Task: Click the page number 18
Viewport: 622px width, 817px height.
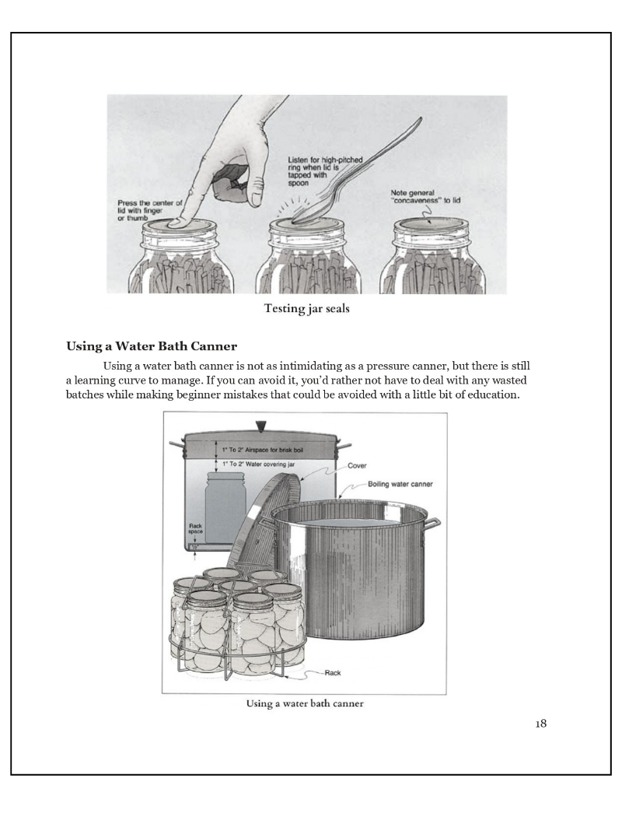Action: click(540, 724)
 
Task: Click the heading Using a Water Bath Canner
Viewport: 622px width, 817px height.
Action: click(152, 345)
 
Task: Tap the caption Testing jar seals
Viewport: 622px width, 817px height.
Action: click(306, 309)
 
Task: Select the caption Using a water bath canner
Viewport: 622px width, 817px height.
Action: click(305, 704)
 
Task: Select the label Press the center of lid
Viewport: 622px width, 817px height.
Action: click(149, 209)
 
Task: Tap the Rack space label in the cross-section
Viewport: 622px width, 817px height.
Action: click(196, 529)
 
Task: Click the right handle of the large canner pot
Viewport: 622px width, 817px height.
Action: click(433, 522)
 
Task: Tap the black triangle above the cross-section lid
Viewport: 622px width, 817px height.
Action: click(259, 426)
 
